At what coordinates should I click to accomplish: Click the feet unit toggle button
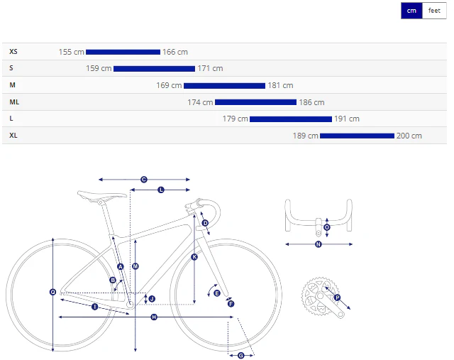(x=434, y=11)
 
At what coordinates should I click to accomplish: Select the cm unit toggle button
(x=411, y=11)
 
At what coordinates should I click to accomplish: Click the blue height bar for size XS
(x=123, y=52)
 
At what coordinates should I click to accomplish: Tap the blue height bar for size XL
(x=357, y=136)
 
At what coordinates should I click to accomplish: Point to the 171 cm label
(x=210, y=68)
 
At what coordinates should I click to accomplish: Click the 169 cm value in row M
(x=169, y=85)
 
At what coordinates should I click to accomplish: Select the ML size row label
(x=14, y=102)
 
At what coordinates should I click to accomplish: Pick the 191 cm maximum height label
(x=347, y=119)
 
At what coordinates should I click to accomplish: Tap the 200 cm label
(x=409, y=136)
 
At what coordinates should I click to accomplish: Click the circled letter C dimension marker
(x=144, y=180)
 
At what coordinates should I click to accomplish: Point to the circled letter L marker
(x=161, y=190)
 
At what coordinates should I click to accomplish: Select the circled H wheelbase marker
(x=154, y=317)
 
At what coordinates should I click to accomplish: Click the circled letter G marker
(x=241, y=356)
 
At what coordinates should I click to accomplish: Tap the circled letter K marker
(x=194, y=257)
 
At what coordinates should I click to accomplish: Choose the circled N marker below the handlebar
(x=319, y=244)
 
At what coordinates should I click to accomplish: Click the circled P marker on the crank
(x=337, y=298)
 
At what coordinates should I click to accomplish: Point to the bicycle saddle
(x=102, y=196)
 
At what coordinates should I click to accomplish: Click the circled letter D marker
(x=205, y=223)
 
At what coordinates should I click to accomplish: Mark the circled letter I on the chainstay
(x=94, y=307)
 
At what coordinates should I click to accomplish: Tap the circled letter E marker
(x=217, y=293)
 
